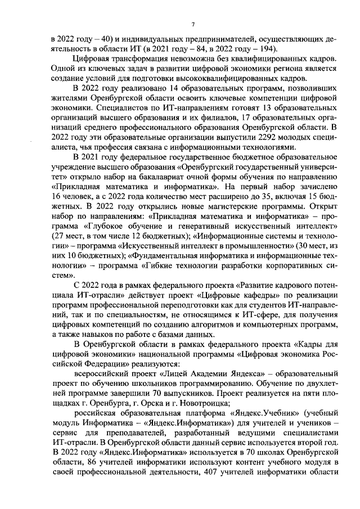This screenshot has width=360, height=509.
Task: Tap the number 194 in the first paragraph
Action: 224,49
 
